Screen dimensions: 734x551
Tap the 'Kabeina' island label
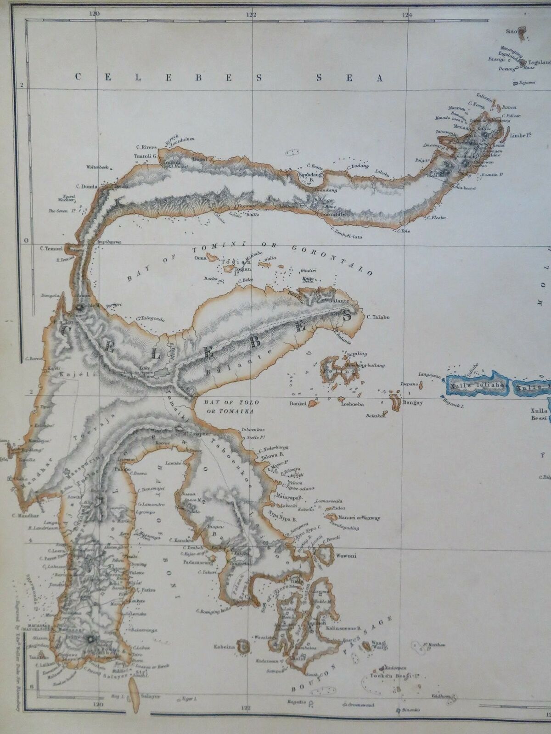coord(224,647)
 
